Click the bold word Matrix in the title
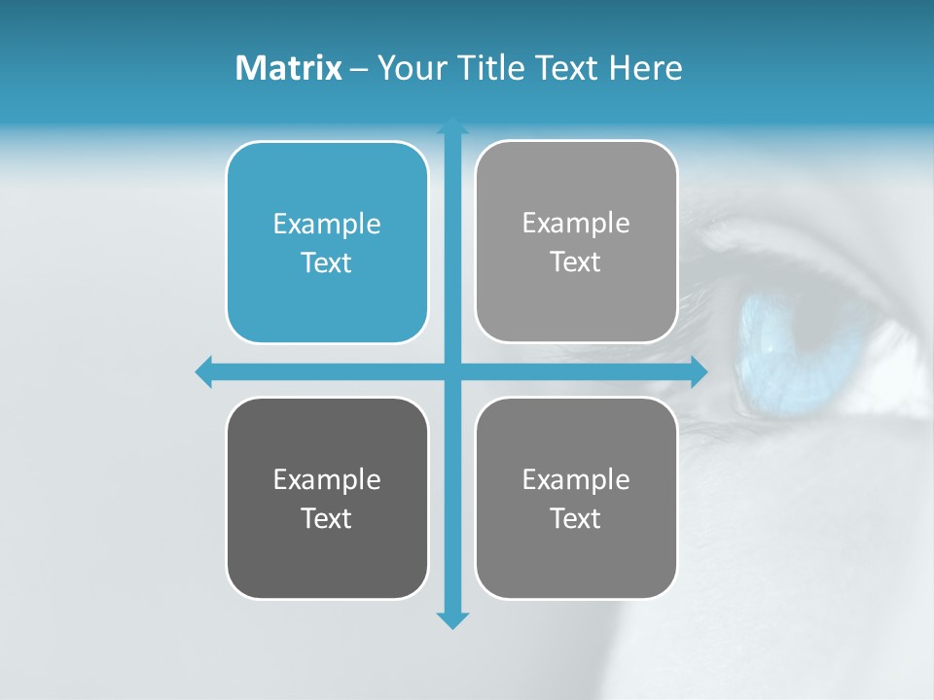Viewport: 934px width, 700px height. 289,68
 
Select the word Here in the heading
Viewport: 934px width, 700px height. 645,68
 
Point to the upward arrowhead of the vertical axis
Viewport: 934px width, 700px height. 452,125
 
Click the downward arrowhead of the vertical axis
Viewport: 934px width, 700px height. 452,619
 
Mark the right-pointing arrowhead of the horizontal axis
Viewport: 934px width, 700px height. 698,371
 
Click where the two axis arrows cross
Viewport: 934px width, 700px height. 452,371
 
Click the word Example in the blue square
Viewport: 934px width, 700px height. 327,225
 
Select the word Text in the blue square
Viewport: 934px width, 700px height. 327,262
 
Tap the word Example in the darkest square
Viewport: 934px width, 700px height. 327,480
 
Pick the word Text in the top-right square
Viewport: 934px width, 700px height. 576,262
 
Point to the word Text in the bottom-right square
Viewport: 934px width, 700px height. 576,518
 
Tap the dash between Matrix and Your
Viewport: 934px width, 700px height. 359,69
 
